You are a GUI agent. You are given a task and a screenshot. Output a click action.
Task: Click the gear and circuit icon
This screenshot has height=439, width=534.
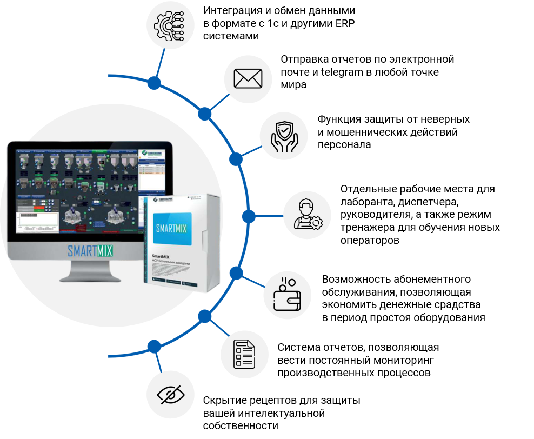[171, 25]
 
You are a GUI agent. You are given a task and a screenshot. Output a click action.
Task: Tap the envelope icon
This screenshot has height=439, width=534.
[248, 79]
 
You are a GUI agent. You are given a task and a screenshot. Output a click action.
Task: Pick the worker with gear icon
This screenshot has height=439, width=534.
[307, 215]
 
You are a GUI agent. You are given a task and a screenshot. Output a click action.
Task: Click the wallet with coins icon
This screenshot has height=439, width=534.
[287, 295]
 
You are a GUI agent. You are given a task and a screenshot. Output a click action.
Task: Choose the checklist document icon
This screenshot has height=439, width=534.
[244, 354]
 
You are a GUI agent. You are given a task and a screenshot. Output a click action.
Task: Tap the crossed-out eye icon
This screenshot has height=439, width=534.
[171, 394]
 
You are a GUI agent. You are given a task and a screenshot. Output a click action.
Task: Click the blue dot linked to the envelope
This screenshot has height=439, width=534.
[204, 114]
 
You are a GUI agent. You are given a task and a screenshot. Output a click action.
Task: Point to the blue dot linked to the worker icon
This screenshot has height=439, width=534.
[249, 216]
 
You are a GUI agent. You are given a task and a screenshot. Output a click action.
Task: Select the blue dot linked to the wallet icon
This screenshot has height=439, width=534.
[236, 273]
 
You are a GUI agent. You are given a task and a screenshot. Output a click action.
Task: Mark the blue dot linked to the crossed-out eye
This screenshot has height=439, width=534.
[154, 346]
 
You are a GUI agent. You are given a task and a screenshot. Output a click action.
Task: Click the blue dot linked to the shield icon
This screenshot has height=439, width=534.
[236, 159]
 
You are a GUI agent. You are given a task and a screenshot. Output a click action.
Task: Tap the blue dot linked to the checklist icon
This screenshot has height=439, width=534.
[204, 316]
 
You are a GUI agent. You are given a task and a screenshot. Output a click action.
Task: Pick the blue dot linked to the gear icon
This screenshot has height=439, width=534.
[154, 83]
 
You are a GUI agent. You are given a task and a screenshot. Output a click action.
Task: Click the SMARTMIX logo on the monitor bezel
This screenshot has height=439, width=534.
[90, 251]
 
